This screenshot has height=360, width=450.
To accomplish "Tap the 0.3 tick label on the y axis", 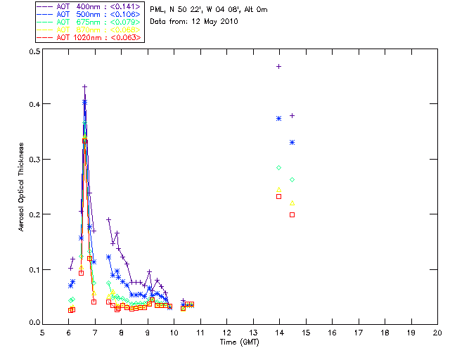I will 33,160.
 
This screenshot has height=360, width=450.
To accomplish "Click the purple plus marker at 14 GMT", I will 279,66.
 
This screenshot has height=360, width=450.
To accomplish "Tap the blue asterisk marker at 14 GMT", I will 279,119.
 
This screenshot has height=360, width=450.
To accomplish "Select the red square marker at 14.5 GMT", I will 292,214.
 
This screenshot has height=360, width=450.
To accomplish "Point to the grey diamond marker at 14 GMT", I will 279,167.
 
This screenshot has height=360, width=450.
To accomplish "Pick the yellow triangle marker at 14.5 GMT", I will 292,202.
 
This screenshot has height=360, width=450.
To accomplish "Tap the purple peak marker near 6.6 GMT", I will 84,87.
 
